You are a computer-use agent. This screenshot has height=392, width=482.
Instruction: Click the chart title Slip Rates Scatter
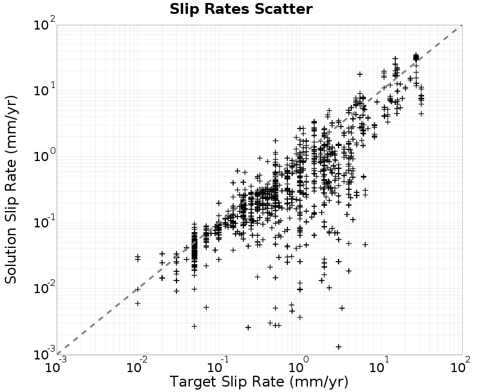[x=241, y=9]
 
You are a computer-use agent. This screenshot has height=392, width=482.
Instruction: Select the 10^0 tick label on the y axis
[x=45, y=156]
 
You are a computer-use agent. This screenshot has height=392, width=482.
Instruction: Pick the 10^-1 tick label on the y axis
[x=45, y=221]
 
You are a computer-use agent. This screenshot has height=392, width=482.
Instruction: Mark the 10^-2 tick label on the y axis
[x=45, y=288]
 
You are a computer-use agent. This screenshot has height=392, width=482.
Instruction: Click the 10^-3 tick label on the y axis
[x=45, y=353]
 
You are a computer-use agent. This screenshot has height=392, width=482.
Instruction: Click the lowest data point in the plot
[x=339, y=347]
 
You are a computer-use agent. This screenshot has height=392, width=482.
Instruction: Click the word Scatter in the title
[x=283, y=9]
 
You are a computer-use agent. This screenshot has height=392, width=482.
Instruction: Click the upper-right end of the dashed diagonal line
[x=462, y=25]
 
